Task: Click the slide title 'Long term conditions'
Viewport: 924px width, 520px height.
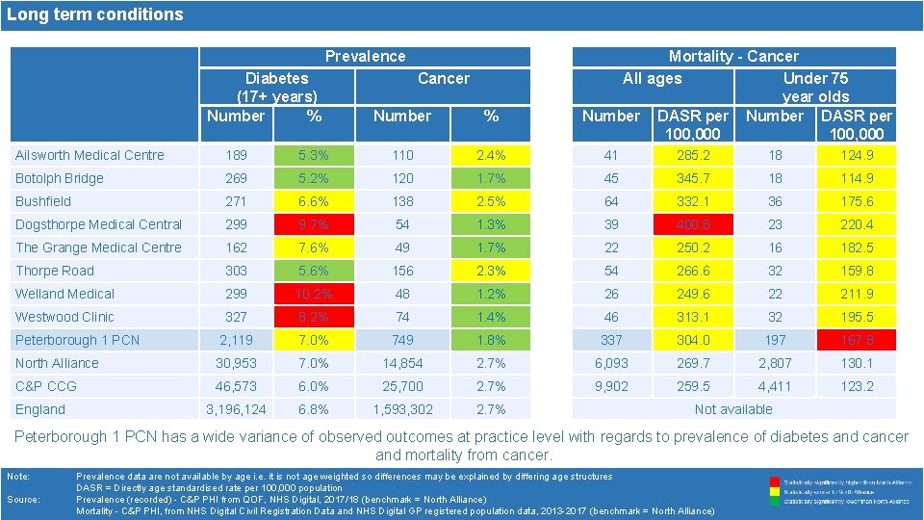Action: (95, 14)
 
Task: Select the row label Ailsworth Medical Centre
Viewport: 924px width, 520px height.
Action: (90, 155)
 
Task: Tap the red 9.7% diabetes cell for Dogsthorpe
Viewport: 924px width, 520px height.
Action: (314, 224)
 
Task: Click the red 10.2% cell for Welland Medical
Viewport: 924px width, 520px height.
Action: (314, 294)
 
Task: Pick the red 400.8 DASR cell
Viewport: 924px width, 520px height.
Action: (693, 224)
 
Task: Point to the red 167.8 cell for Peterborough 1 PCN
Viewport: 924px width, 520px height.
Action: (856, 340)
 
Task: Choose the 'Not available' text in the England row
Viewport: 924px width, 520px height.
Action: (733, 409)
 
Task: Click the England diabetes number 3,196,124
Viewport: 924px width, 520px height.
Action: (236, 409)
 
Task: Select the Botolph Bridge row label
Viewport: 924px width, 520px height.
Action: (59, 178)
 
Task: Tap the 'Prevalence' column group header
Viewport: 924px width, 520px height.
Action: (365, 57)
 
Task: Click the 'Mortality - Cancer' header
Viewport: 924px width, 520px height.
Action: (733, 57)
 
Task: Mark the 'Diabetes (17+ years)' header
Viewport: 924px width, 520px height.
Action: (277, 87)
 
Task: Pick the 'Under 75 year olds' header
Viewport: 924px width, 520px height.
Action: (815, 87)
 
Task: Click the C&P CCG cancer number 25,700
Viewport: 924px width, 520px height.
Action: (402, 386)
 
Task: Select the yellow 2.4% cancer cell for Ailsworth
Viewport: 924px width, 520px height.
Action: (491, 155)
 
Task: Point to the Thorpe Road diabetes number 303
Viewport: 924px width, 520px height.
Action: (236, 271)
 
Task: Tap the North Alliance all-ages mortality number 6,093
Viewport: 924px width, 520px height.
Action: (611, 363)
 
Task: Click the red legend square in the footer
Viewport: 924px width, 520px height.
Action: (775, 481)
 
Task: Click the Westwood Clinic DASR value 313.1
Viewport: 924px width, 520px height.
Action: (693, 317)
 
